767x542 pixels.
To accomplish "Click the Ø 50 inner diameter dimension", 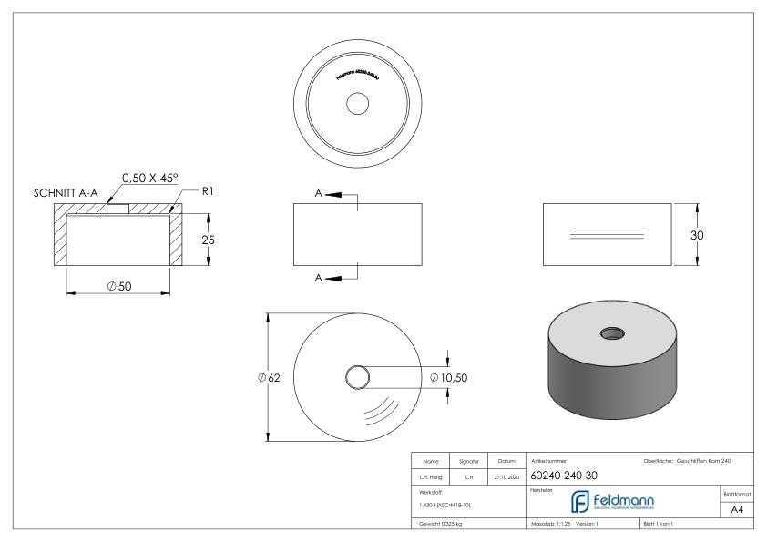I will pos(118,287).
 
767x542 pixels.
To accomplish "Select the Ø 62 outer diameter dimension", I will pos(271,377).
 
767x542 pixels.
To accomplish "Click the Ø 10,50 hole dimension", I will pos(448,377).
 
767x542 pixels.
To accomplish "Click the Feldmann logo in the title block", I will pos(620,500).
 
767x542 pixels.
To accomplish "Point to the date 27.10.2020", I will pos(506,475).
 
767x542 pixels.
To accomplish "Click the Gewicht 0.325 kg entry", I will pos(442,525).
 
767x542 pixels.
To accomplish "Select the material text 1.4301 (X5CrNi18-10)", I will pos(445,504).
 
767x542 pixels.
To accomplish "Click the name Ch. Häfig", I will pos(433,475).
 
